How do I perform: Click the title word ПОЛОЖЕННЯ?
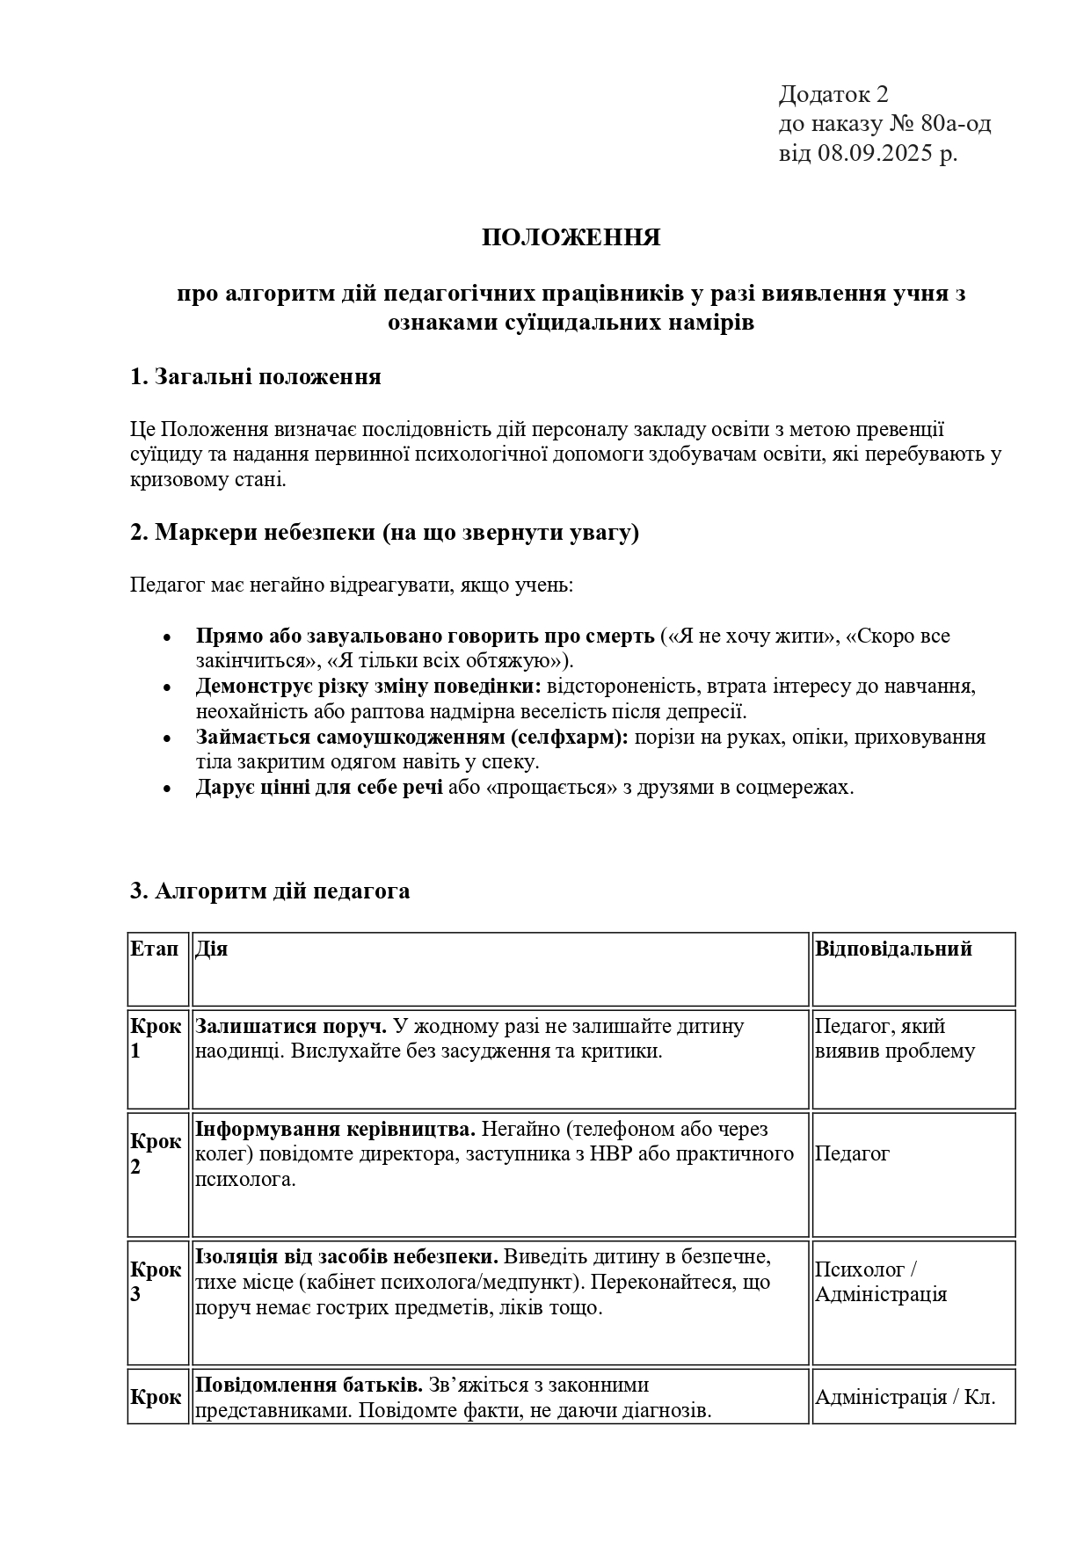pyautogui.click(x=571, y=238)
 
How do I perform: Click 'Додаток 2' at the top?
pyautogui.click(x=833, y=95)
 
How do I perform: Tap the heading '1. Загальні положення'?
pyautogui.click(x=255, y=377)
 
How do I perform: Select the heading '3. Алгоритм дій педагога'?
pyautogui.click(x=269, y=891)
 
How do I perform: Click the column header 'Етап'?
pyautogui.click(x=154, y=949)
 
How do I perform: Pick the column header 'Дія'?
pyautogui.click(x=211, y=949)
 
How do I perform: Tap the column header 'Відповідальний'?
pyautogui.click(x=893, y=949)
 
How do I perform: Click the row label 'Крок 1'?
pyautogui.click(x=156, y=1038)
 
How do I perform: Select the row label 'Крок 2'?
pyautogui.click(x=156, y=1154)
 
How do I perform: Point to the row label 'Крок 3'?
pyautogui.click(x=156, y=1282)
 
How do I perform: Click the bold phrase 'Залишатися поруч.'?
pyautogui.click(x=291, y=1026)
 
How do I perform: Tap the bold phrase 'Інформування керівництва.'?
pyautogui.click(x=335, y=1129)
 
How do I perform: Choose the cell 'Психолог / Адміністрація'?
pyautogui.click(x=880, y=1282)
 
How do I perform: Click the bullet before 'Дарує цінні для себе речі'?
pyautogui.click(x=167, y=789)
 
